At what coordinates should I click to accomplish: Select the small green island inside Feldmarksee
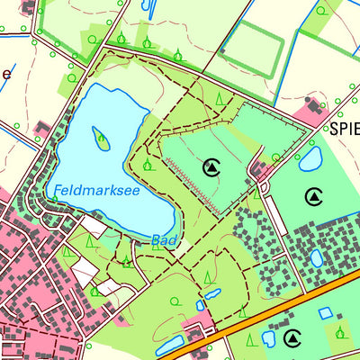(x=102, y=139)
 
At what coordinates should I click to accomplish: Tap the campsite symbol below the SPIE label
(x=313, y=196)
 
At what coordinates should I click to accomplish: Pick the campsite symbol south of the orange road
(x=292, y=338)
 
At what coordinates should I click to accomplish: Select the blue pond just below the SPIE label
(x=310, y=159)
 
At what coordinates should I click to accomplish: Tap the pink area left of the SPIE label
(x=310, y=113)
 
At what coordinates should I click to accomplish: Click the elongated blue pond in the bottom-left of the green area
(x=167, y=346)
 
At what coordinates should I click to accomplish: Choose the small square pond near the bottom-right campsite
(x=325, y=313)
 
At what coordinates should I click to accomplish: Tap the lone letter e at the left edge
(x=5, y=74)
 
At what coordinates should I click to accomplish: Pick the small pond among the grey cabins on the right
(x=317, y=258)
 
